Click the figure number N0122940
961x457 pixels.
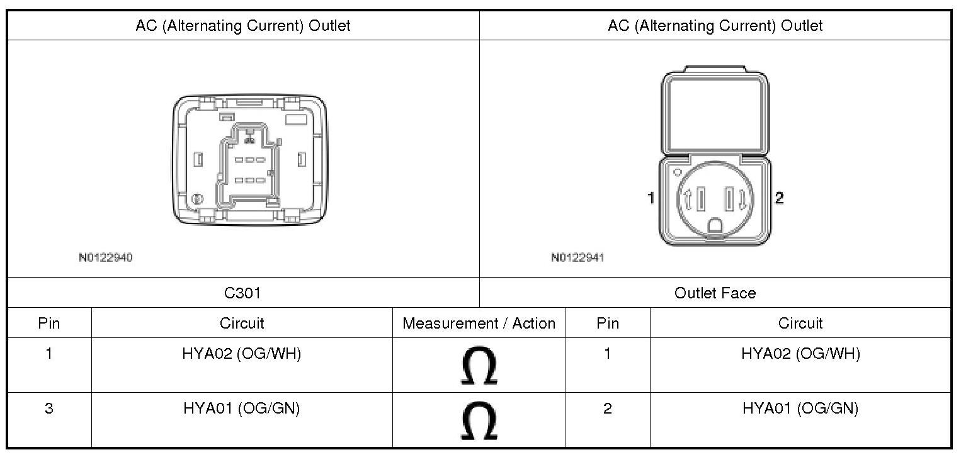tap(105, 257)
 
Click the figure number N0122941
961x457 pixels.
tap(577, 257)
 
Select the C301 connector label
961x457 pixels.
tap(242, 293)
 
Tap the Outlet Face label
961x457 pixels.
tap(715, 293)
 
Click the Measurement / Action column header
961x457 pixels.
tap(479, 324)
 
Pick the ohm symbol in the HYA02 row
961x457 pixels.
tap(479, 366)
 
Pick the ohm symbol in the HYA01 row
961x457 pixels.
tap(479, 420)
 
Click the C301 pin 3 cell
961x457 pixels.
tap(49, 409)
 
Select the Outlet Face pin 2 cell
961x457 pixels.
tap(607, 409)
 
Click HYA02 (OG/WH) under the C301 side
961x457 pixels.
tap(242, 354)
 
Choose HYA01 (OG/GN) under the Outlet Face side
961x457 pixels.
tap(800, 409)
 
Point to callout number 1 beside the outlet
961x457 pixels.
tap(651, 198)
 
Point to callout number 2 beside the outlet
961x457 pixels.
tap(779, 198)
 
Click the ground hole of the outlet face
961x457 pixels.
tap(715, 225)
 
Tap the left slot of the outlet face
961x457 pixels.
tap(700, 200)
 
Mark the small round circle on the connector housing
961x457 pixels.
tap(197, 199)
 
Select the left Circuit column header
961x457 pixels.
tap(242, 324)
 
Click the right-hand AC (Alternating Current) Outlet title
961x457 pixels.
tap(715, 26)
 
